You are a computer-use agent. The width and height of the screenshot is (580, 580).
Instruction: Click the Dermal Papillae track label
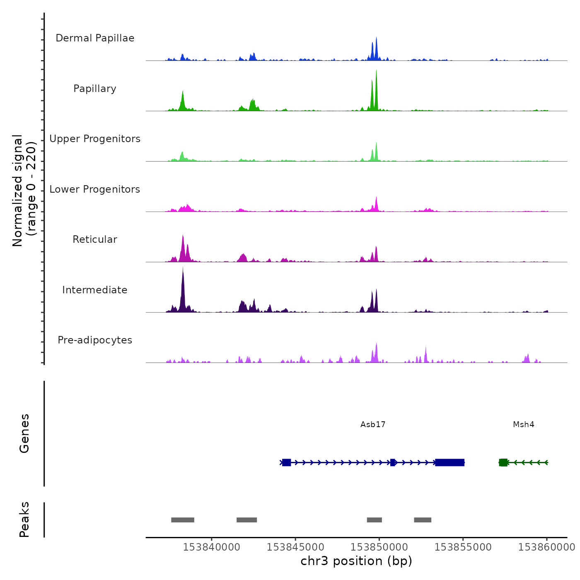[x=95, y=38]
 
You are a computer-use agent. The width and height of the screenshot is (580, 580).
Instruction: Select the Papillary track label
[x=95, y=89]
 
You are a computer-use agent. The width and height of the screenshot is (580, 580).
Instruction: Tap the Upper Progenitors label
[x=95, y=139]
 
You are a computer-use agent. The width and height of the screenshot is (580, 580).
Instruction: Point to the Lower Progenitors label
[x=95, y=189]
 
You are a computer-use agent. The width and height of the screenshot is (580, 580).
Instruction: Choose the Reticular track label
[x=95, y=239]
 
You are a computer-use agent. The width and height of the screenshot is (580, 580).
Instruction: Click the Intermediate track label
[x=95, y=290]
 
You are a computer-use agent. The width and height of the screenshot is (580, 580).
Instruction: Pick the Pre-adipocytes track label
[x=95, y=340]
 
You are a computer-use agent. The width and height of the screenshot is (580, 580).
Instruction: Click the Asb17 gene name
[x=373, y=424]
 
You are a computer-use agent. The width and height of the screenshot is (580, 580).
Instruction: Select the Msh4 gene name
[x=523, y=424]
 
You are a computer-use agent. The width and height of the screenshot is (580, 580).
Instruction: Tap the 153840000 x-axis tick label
[x=211, y=547]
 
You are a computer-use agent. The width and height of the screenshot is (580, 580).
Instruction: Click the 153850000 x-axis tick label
[x=379, y=547]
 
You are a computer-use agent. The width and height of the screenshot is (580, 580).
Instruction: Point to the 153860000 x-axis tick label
[x=546, y=547]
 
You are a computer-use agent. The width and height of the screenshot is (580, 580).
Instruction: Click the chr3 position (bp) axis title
[x=356, y=561]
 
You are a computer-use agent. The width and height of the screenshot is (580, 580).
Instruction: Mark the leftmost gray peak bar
[x=183, y=520]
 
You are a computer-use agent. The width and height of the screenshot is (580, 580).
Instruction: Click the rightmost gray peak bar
[x=423, y=520]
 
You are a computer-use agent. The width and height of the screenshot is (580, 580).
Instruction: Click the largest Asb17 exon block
[x=450, y=462]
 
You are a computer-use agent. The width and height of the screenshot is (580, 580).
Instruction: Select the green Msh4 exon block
[x=503, y=462]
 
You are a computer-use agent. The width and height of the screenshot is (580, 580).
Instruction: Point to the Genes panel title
[x=24, y=433]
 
